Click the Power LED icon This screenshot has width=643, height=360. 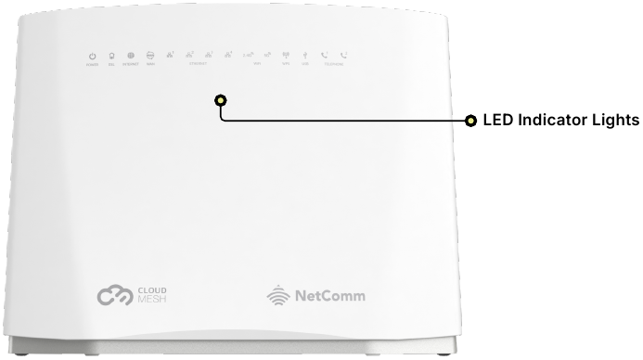point(93,56)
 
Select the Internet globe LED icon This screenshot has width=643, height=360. point(131,56)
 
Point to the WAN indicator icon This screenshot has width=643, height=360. point(150,56)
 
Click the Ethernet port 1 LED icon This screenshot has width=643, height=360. point(171,55)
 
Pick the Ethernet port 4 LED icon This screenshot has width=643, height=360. point(228,55)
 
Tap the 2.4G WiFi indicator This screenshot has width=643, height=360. point(248,56)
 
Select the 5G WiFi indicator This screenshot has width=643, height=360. point(267,56)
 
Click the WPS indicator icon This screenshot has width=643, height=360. point(286,56)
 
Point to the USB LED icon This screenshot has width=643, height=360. point(305,56)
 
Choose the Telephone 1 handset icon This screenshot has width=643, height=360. point(325,56)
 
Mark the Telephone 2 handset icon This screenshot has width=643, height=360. point(344,56)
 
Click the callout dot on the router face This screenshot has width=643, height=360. point(220,100)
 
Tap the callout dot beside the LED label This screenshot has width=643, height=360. point(470,121)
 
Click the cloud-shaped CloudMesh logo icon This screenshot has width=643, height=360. point(116,297)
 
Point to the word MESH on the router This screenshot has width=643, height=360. point(153,302)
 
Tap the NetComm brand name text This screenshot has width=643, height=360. point(329,297)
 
